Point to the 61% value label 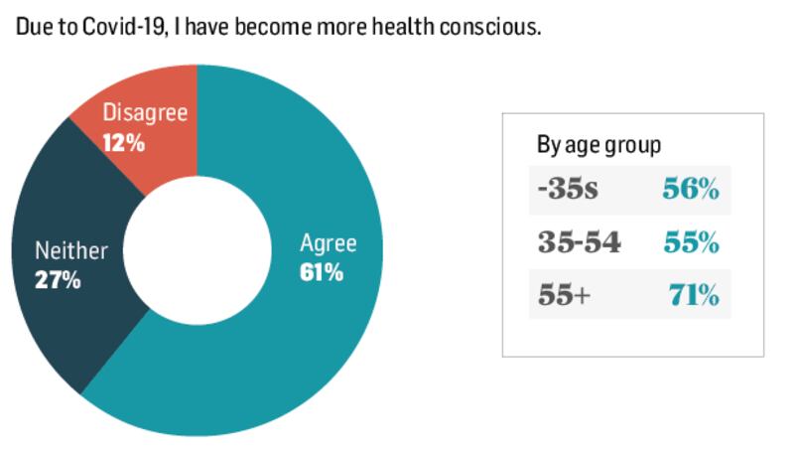click(x=322, y=272)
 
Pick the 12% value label click(x=124, y=143)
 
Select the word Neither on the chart click(x=71, y=251)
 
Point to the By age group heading click(x=598, y=145)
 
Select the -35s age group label click(x=568, y=190)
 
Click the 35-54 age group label click(x=580, y=242)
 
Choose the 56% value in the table click(x=691, y=190)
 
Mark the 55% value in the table click(x=691, y=242)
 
